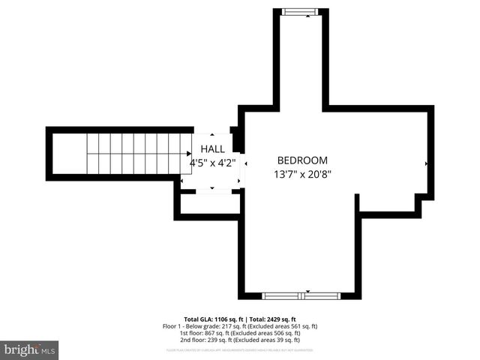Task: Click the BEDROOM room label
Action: point(302,160)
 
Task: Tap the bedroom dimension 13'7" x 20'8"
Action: point(302,174)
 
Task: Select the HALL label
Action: point(211,149)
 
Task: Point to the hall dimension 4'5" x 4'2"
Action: point(212,162)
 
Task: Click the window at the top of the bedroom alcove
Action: point(300,11)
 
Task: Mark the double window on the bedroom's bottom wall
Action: point(301,295)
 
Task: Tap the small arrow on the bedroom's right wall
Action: point(427,163)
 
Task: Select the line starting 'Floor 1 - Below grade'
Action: point(240,326)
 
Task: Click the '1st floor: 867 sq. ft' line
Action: point(240,333)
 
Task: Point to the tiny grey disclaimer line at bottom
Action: point(240,349)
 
